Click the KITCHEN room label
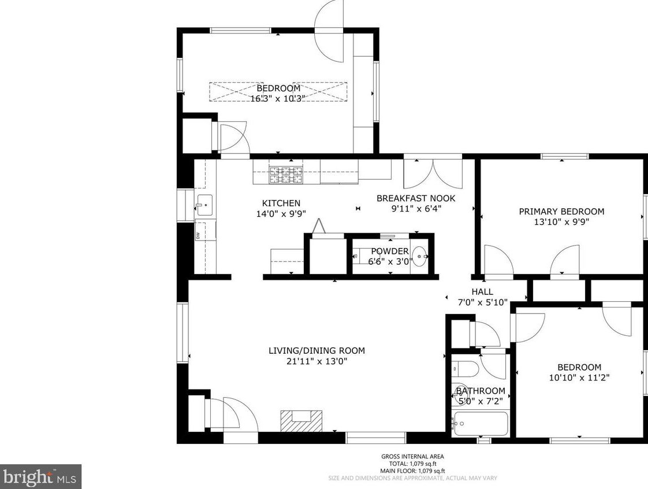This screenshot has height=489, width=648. [x=281, y=203]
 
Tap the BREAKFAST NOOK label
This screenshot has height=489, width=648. [x=415, y=198]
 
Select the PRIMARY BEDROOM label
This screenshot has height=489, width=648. [x=561, y=212]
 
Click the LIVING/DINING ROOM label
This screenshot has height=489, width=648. [x=316, y=350]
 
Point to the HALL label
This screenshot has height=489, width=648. [x=482, y=292]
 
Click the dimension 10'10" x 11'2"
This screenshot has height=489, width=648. [x=579, y=377]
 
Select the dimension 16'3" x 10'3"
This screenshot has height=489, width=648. [x=277, y=99]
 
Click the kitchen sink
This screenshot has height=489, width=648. [x=204, y=205]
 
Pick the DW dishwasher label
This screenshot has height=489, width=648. [x=198, y=235]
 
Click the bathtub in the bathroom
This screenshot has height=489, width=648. [x=480, y=424]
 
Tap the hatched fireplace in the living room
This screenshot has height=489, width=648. [x=300, y=420]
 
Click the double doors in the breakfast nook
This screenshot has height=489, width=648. [x=433, y=173]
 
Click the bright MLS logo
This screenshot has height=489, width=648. [x=40, y=477]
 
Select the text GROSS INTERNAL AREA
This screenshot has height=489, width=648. [x=412, y=457]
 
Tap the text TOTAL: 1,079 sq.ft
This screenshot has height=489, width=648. [x=412, y=464]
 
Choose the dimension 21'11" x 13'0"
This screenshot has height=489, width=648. [x=316, y=361]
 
